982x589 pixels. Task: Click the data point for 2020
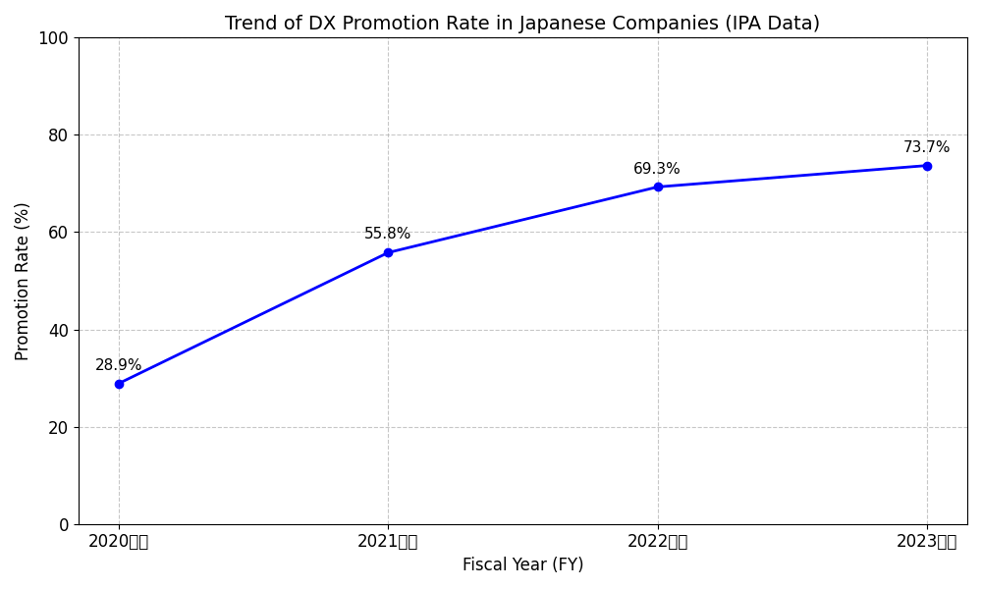coord(119,384)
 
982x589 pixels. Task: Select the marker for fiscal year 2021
coord(388,252)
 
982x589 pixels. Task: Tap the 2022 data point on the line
coord(658,187)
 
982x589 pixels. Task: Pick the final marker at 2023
coord(927,166)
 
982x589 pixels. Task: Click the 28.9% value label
coord(119,365)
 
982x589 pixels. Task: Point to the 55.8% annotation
coord(388,234)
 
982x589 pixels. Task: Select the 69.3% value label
coord(657,169)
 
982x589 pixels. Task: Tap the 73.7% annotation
coord(927,147)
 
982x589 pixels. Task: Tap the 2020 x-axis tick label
coord(119,541)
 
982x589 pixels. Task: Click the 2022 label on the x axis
coord(658,541)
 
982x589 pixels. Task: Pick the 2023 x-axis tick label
coord(927,541)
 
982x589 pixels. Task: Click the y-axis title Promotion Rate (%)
coord(23,281)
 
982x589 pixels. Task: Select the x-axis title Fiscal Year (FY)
coord(522,565)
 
